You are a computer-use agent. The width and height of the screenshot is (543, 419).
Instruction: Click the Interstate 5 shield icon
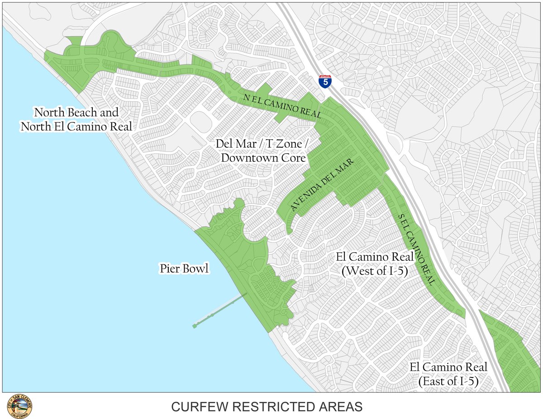[324, 81]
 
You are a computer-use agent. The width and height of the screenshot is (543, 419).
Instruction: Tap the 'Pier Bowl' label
[184, 269]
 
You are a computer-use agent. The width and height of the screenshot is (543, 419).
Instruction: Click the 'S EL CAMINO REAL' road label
[416, 249]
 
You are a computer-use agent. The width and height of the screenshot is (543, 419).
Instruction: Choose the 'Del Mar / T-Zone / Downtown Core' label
[263, 151]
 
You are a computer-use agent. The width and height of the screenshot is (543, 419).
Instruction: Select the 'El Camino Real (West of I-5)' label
[375, 264]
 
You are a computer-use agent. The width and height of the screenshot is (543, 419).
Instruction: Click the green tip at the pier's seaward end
[195, 325]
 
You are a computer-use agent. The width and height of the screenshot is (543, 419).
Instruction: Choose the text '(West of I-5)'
[375, 272]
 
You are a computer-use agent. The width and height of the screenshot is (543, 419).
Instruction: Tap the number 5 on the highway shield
[324, 83]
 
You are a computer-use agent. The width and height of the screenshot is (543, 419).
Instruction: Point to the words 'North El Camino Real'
[76, 127]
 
